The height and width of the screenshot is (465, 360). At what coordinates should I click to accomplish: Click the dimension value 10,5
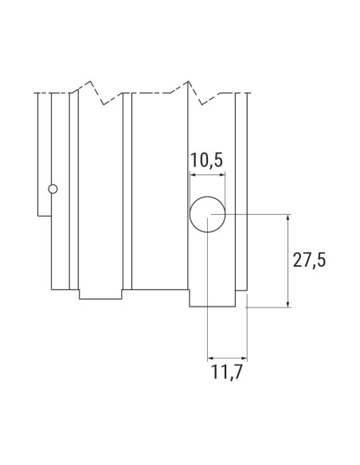pyautogui.click(x=206, y=162)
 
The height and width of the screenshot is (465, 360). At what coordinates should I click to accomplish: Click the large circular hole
pyautogui.click(x=207, y=213)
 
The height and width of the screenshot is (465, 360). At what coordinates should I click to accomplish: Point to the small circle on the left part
pyautogui.click(x=53, y=190)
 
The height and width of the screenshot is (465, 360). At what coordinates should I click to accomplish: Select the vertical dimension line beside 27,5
pyautogui.click(x=287, y=260)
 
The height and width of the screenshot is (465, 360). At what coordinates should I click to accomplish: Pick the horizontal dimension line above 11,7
pyautogui.click(x=226, y=358)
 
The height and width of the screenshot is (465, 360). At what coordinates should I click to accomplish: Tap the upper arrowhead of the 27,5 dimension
pyautogui.click(x=287, y=217)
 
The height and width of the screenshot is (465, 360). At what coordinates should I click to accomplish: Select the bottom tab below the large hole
pyautogui.click(x=213, y=299)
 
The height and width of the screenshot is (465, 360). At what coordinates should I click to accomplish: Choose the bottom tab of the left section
pyautogui.click(x=100, y=293)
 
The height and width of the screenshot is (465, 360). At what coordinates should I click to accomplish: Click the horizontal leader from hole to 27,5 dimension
pyautogui.click(x=255, y=213)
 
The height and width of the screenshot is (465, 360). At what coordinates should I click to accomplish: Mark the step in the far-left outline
pyautogui.click(x=45, y=213)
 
